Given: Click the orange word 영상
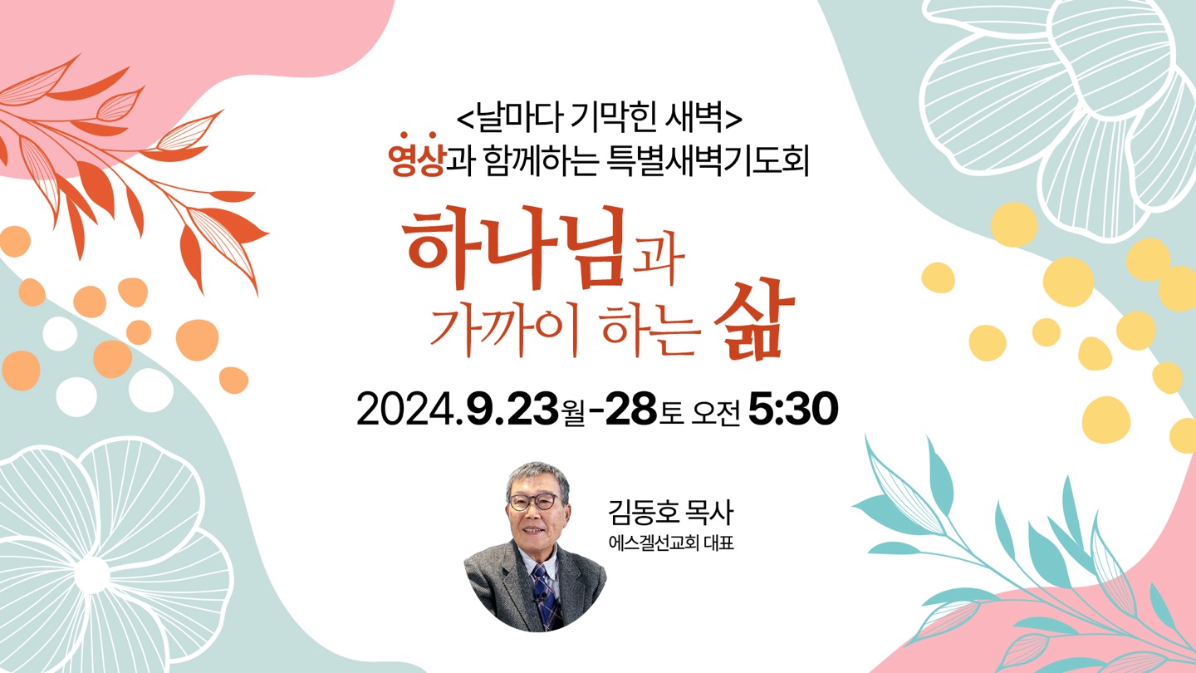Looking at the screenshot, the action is tap(417, 159).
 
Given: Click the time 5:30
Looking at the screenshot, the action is tap(793, 409).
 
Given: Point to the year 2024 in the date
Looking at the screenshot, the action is tap(407, 410).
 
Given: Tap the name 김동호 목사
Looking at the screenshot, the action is tap(671, 513).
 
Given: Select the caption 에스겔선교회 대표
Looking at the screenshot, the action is tap(671, 543).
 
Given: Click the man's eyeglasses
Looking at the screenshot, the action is tap(535, 502).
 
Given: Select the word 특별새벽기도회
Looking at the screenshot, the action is tap(708, 161).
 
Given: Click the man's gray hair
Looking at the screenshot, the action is tap(537, 477).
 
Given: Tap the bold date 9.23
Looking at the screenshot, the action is tap(512, 409).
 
